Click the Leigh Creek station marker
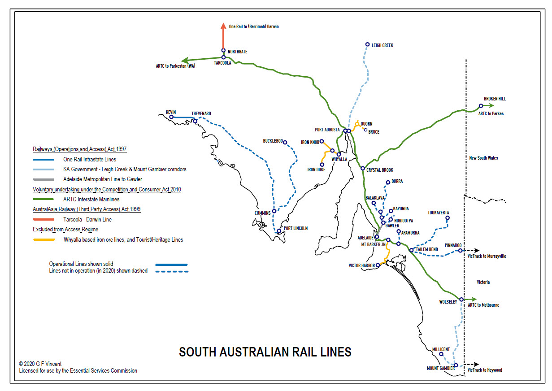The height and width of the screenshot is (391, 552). click(x=367, y=44)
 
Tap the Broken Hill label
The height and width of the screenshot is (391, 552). click(x=495, y=99)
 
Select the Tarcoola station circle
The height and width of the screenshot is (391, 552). click(x=223, y=57)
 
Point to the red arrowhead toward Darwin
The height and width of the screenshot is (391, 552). click(x=223, y=26)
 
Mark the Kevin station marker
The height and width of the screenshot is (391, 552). click(x=171, y=117)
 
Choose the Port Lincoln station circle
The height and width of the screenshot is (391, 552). click(x=279, y=231)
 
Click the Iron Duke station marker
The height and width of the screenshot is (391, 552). click(x=322, y=165)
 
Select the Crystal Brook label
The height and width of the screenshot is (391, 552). click(x=379, y=170)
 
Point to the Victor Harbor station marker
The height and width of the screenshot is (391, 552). click(x=378, y=265)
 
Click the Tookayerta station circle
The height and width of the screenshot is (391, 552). click(x=447, y=218)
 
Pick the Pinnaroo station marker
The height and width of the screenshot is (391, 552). click(x=461, y=251)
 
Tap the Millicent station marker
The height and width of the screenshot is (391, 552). click(x=441, y=354)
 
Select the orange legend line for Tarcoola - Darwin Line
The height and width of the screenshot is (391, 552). click(x=43, y=220)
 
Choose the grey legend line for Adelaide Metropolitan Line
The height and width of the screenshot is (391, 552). click(x=43, y=179)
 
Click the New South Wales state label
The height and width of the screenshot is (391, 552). click(x=483, y=158)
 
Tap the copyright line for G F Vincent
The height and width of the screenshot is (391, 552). click(x=40, y=364)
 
